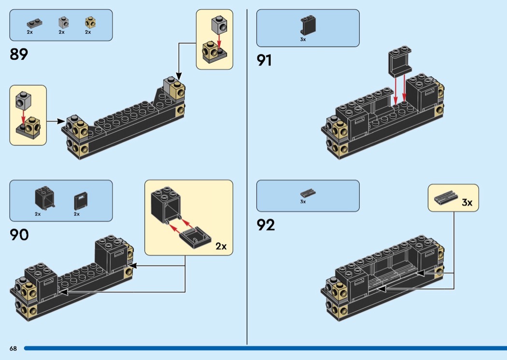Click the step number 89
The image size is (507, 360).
click(19, 54)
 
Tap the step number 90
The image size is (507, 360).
click(19, 235)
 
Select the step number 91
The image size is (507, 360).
click(265, 60)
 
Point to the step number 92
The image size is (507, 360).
click(266, 225)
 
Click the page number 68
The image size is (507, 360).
click(13, 348)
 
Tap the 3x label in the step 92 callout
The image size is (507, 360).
click(466, 203)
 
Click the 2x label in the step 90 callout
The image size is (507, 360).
click(221, 246)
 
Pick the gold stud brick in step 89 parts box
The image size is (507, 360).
click(88, 22)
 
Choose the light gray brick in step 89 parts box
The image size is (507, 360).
click(62, 22)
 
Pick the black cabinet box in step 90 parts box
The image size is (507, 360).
click(44, 198)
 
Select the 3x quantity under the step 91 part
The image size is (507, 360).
click(303, 40)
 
